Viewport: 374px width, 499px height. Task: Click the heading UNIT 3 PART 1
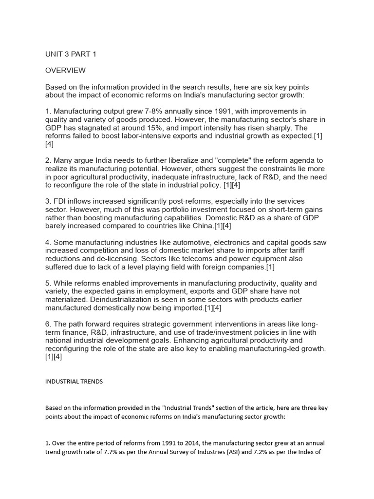point(71,54)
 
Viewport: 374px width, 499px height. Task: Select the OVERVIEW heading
point(65,70)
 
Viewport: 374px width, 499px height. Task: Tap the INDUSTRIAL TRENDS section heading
point(74,382)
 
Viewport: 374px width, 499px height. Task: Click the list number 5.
point(48,283)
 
